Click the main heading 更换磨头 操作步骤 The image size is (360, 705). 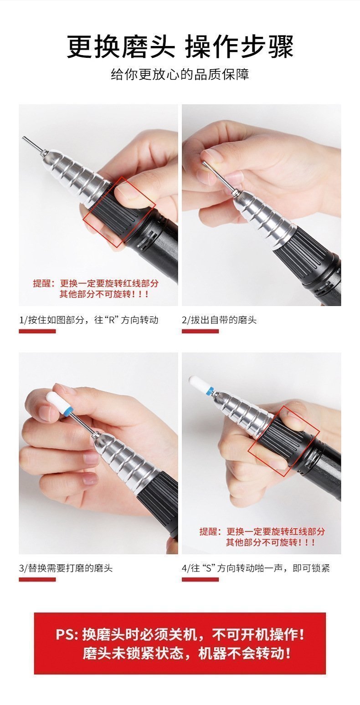(x=180, y=46)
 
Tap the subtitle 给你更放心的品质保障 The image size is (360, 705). (x=180, y=74)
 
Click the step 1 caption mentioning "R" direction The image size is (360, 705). (x=89, y=320)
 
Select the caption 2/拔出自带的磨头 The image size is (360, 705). (x=219, y=320)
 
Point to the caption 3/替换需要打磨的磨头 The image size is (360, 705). (x=66, y=568)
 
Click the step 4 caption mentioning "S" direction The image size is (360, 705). (x=256, y=568)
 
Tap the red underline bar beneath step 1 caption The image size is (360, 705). (x=37, y=331)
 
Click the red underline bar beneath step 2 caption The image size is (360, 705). (x=201, y=331)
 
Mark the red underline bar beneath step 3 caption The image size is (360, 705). (x=37, y=579)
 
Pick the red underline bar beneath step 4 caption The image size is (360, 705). (x=201, y=579)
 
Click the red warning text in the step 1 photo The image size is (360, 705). (x=96, y=289)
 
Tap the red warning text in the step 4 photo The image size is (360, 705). (x=262, y=536)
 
